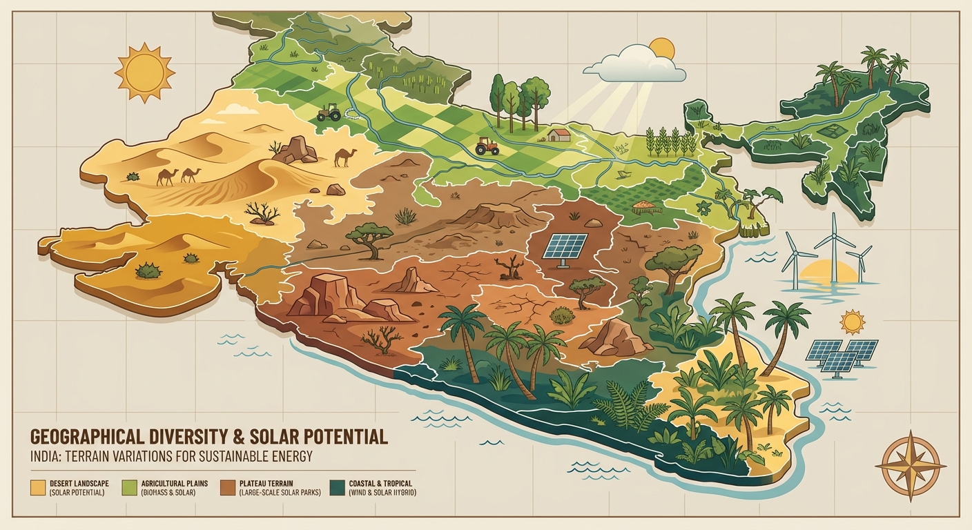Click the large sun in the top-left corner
[145, 72]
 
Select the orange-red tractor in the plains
[487, 146]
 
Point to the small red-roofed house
[561, 134]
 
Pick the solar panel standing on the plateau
[564, 247]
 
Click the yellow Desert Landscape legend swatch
[38, 487]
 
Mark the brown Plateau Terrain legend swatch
[227, 487]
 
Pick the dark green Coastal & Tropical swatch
[338, 487]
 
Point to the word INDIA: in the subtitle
[49, 457]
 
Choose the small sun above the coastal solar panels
[853, 322]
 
